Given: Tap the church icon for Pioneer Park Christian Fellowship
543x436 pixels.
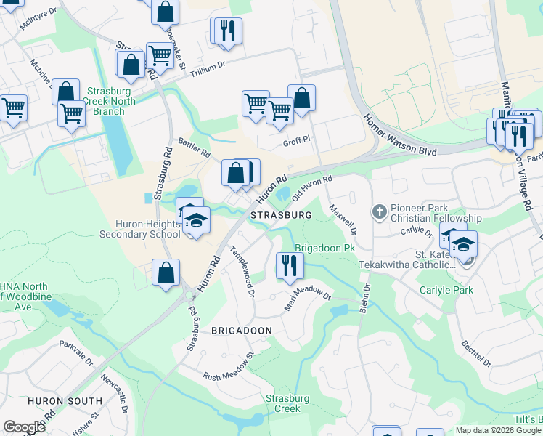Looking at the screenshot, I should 379,212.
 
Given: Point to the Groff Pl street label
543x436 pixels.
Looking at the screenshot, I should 296,137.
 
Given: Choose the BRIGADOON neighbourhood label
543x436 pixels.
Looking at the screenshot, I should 241,330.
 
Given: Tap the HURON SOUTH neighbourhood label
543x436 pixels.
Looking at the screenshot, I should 65,401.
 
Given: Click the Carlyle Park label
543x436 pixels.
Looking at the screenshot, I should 446,290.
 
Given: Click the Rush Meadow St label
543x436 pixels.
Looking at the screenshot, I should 227,368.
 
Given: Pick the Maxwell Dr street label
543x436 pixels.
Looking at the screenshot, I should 343,218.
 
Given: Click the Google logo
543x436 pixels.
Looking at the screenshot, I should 24,427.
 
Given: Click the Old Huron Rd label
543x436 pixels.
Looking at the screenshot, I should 311,188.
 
